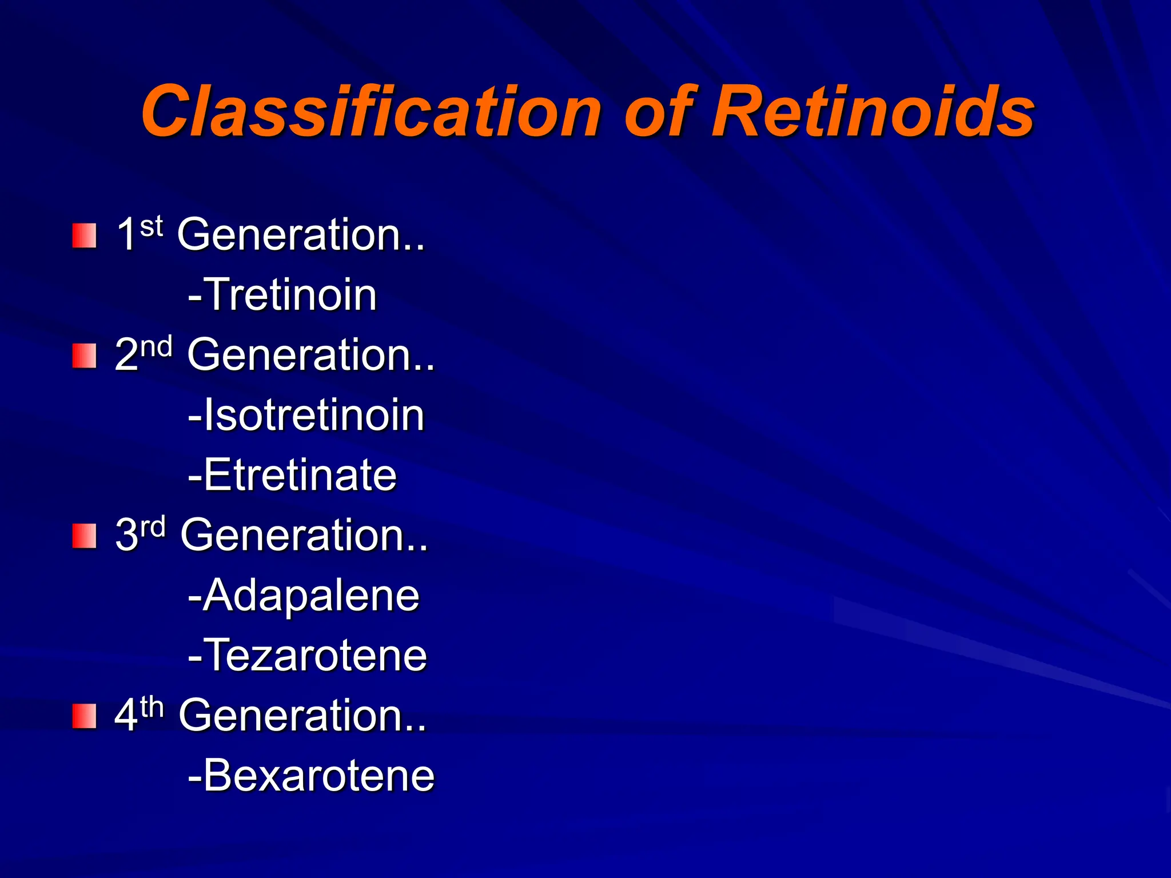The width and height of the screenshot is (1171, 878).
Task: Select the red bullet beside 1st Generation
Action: pyautogui.click(x=84, y=236)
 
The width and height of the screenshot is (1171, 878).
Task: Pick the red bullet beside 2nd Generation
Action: pyautogui.click(x=84, y=356)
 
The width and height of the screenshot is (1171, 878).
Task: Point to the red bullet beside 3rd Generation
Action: pyautogui.click(x=84, y=536)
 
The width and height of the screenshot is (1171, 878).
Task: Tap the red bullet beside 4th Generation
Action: pyautogui.click(x=84, y=716)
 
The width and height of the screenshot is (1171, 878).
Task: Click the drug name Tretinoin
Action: pyautogui.click(x=290, y=295)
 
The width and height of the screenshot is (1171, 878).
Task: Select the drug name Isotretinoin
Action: pyautogui.click(x=314, y=415)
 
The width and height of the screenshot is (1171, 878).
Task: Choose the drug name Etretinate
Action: pyautogui.click(x=300, y=475)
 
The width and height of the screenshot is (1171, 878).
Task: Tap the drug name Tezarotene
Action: pyautogui.click(x=315, y=656)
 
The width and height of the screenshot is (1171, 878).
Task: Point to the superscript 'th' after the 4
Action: pyautogui.click(x=152, y=707)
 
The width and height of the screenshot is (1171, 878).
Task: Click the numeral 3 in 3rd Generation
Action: pyautogui.click(x=127, y=535)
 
